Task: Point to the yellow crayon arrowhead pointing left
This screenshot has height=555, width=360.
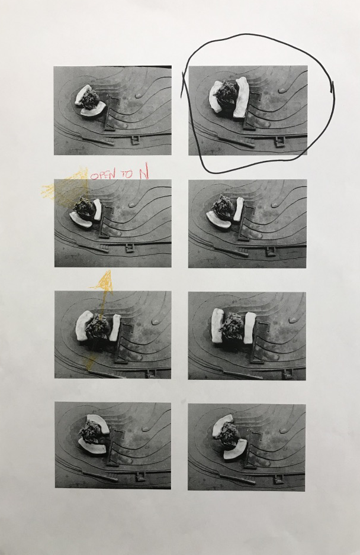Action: pyautogui.click(x=47, y=191)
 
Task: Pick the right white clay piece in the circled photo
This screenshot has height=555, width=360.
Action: pyautogui.click(x=242, y=97)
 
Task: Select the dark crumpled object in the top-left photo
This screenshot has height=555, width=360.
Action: pyautogui.click(x=91, y=99)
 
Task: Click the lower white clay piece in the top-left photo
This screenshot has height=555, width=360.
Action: pyautogui.click(x=93, y=109)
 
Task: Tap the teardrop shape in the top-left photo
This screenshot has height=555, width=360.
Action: pyautogui.click(x=140, y=95)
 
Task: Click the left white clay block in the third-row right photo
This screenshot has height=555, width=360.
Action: pyautogui.click(x=217, y=325)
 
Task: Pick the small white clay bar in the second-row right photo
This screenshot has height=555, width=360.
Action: pyautogui.click(x=239, y=209)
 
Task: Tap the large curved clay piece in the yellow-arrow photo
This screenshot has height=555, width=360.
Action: pyautogui.click(x=83, y=325)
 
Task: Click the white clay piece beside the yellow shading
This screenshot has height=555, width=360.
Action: pyautogui.click(x=97, y=209)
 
